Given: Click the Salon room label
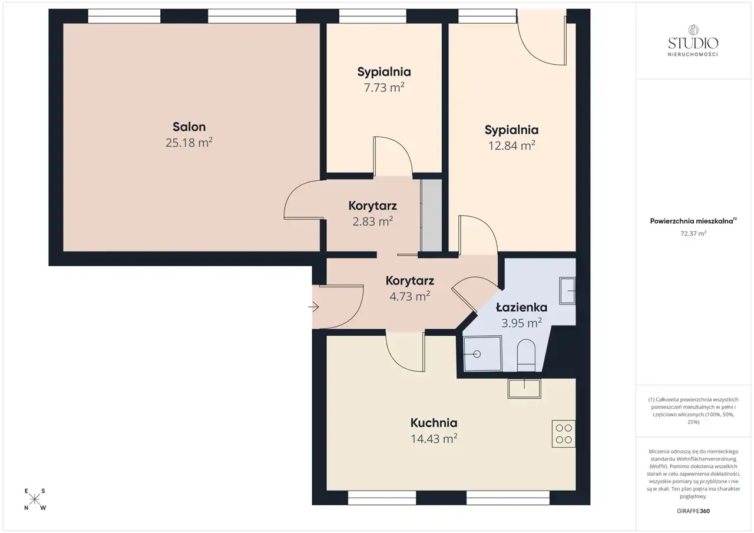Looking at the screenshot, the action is (189, 127).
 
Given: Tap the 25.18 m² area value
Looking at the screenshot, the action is (189, 143).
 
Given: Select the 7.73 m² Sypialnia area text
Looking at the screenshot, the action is (384, 88).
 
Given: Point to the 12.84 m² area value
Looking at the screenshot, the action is (512, 145).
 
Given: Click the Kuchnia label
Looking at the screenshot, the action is (434, 423).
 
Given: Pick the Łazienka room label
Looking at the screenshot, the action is (521, 307).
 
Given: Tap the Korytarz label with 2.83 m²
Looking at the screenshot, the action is (373, 206).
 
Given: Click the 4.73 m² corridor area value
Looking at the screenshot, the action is (409, 296).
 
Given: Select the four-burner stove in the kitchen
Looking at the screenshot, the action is (564, 433).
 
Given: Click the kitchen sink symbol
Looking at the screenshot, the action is (524, 389).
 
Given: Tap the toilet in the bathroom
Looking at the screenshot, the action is (526, 355).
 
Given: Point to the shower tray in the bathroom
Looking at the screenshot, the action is (482, 353).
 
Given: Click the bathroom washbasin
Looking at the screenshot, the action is (567, 290).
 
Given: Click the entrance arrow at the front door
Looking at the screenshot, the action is (314, 307).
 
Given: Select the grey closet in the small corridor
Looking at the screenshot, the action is (432, 216).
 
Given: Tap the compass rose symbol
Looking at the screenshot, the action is (34, 499).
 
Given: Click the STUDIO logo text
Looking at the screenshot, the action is (693, 43).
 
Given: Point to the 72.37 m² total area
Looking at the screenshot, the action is (693, 233).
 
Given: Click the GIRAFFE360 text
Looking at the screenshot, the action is (693, 511).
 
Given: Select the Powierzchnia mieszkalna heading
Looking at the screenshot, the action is (692, 221).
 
